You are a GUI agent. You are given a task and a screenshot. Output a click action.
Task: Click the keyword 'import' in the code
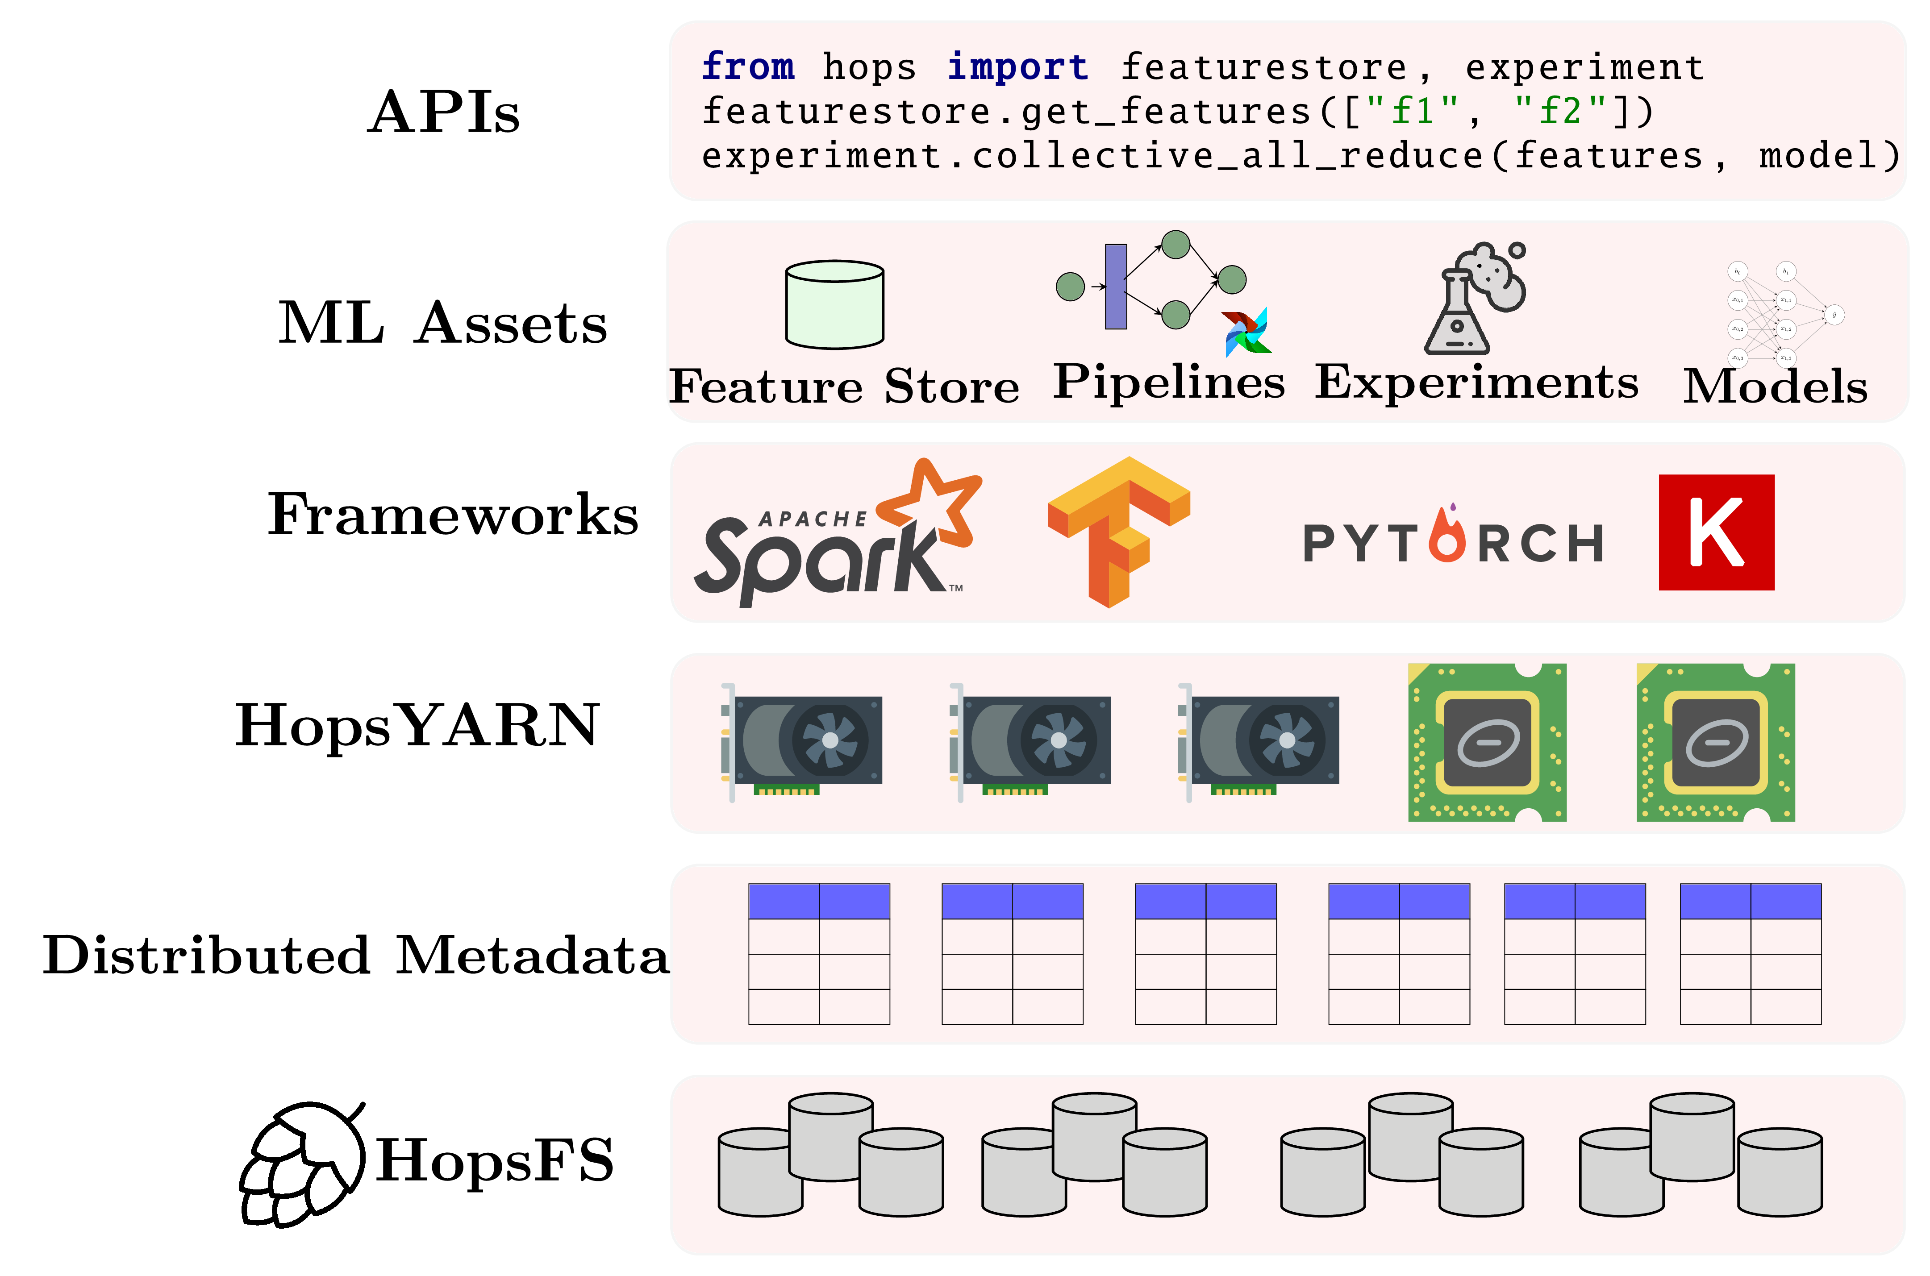click(1017, 67)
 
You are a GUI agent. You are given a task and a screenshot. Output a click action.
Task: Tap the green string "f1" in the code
click(1412, 112)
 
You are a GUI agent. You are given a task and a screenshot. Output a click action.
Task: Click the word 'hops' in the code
click(868, 67)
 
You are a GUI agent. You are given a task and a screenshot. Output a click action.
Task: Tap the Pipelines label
click(1169, 382)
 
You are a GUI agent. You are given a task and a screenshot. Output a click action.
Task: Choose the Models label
click(1775, 387)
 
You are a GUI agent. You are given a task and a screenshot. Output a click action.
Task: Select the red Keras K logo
click(1716, 532)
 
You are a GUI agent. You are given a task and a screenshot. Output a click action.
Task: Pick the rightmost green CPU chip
click(1715, 742)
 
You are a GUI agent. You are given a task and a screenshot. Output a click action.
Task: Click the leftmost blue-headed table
click(819, 954)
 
